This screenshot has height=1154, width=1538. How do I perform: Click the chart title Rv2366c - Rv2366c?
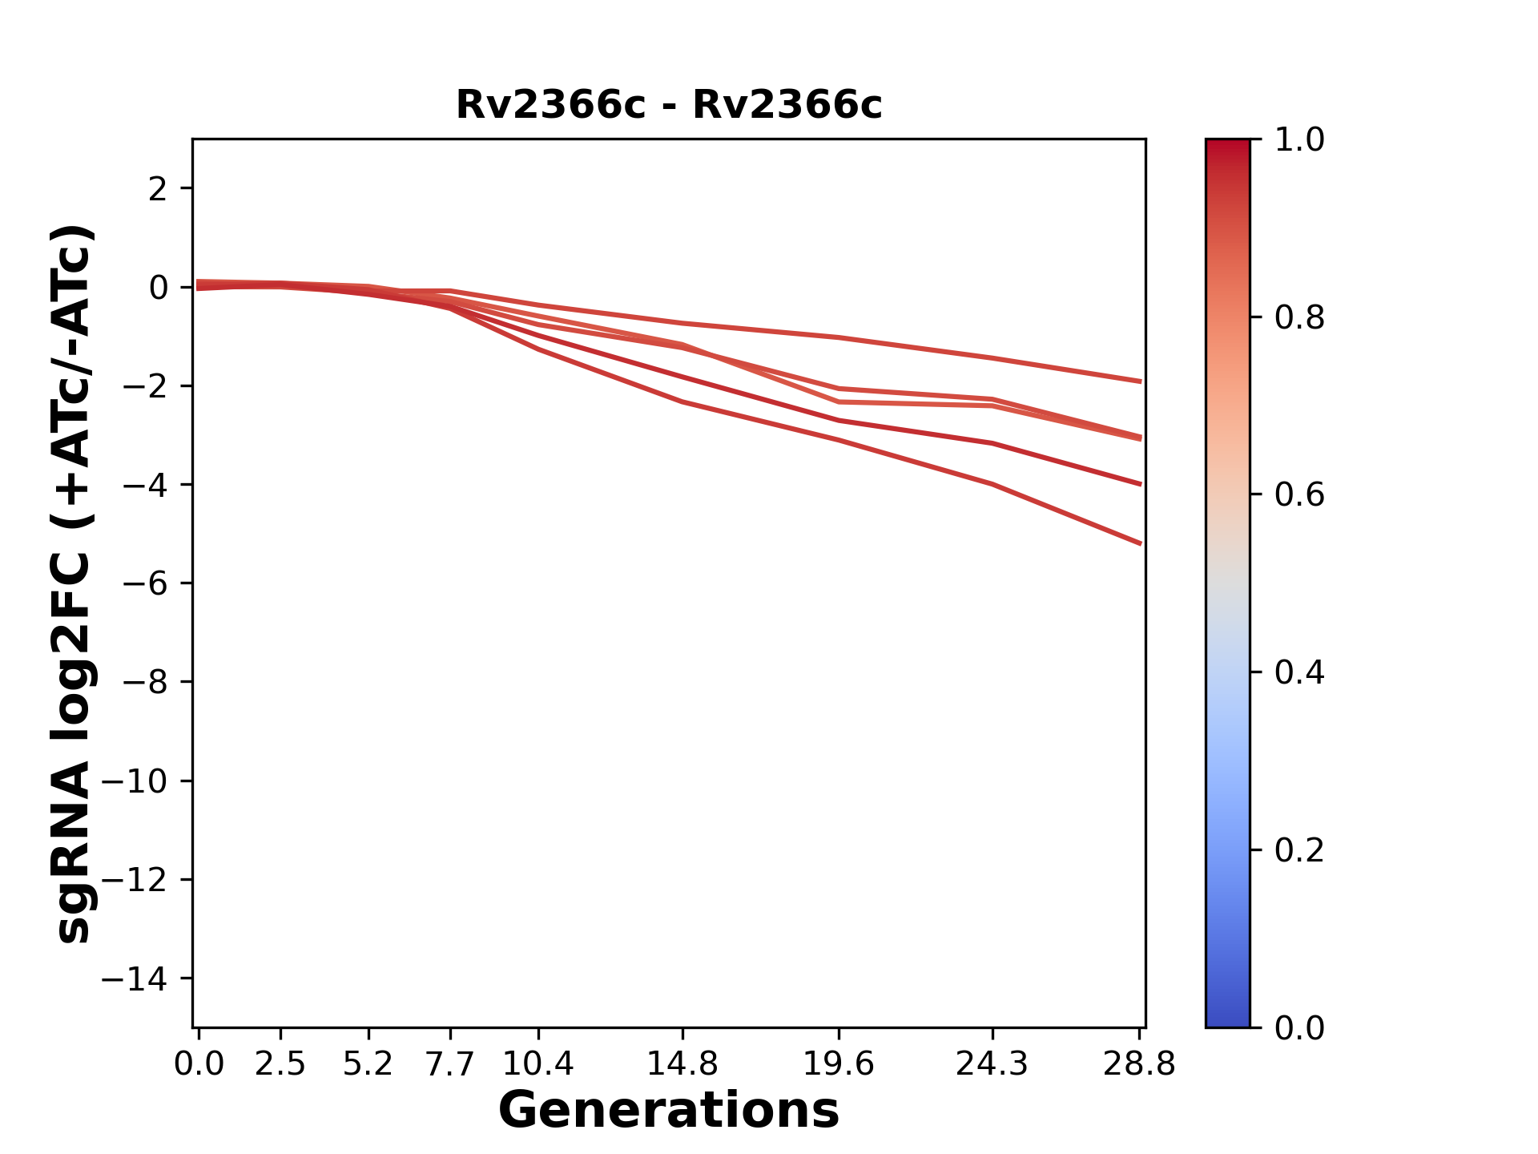click(669, 105)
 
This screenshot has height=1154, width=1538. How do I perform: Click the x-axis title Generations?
click(669, 1111)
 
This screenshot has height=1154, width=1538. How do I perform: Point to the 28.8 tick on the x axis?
click(1139, 1064)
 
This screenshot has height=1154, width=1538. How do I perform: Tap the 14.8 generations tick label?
click(682, 1064)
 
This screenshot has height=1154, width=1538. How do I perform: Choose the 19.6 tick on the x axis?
click(838, 1064)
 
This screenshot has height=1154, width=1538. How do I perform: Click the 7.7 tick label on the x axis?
click(450, 1064)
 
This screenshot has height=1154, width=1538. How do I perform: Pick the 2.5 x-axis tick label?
click(280, 1064)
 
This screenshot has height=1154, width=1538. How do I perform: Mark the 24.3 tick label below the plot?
click(992, 1064)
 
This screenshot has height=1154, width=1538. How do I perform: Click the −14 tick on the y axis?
click(134, 978)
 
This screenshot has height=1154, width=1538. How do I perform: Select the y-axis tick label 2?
click(158, 189)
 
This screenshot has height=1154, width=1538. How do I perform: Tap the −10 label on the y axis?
click(134, 781)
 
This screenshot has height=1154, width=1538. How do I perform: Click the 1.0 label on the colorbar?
click(1299, 140)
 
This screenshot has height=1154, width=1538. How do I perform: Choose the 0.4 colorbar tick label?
click(1299, 672)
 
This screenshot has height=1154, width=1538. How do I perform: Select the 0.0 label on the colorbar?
click(1299, 1027)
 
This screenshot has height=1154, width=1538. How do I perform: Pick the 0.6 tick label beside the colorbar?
click(1299, 495)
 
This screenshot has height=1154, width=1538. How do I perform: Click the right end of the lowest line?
click(1140, 543)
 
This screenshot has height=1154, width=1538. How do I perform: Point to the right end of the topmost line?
click(1140, 381)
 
